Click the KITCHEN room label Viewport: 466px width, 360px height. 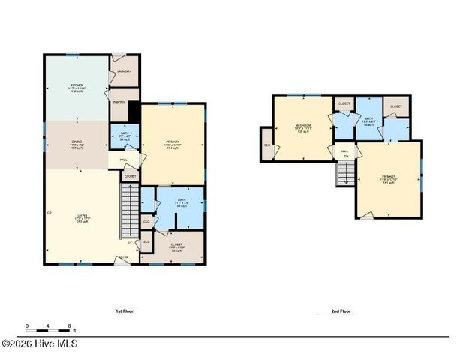pyautogui.click(x=77, y=87)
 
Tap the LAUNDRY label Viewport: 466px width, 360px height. pyautogui.click(x=124, y=72)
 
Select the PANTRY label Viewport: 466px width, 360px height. pyautogui.click(x=119, y=102)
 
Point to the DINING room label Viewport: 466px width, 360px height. pyautogui.click(x=77, y=144)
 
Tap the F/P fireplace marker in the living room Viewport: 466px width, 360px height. pyautogui.click(x=49, y=214)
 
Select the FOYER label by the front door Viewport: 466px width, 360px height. pyautogui.click(x=122, y=257)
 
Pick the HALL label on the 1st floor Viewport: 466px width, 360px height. pyautogui.click(x=123, y=160)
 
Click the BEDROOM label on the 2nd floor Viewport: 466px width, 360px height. pyautogui.click(x=303, y=127)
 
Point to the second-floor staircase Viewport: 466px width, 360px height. pyautogui.click(x=345, y=175)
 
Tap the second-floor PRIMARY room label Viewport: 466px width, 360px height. pyautogui.click(x=388, y=178)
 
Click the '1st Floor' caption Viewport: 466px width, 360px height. pyautogui.click(x=124, y=310)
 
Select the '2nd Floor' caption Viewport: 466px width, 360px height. pyautogui.click(x=341, y=310)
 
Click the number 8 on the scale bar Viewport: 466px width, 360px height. pyautogui.click(x=70, y=325)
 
